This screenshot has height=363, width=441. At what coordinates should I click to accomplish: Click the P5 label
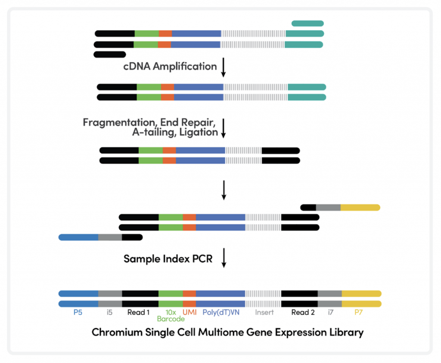(78, 312)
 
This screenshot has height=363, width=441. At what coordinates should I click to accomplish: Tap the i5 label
(110, 312)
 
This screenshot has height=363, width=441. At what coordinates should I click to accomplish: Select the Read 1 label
(138, 312)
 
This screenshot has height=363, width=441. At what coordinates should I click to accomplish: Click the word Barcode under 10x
(171, 319)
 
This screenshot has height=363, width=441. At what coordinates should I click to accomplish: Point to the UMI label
(189, 312)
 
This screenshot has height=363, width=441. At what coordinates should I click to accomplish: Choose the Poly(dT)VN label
(221, 312)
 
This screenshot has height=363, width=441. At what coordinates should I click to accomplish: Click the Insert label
(264, 312)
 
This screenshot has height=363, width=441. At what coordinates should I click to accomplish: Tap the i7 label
(330, 312)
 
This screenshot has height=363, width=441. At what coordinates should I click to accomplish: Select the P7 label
(359, 312)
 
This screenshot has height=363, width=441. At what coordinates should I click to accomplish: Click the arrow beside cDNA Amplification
(224, 68)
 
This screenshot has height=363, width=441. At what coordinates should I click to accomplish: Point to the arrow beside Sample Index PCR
(224, 259)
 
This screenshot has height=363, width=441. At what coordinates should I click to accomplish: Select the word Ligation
(200, 132)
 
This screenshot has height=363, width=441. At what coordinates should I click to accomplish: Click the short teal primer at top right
(307, 24)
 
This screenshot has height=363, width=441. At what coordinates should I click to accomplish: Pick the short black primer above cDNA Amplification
(110, 55)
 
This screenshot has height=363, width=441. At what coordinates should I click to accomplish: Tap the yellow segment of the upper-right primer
(360, 207)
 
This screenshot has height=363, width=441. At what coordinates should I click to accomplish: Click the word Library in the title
(347, 333)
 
